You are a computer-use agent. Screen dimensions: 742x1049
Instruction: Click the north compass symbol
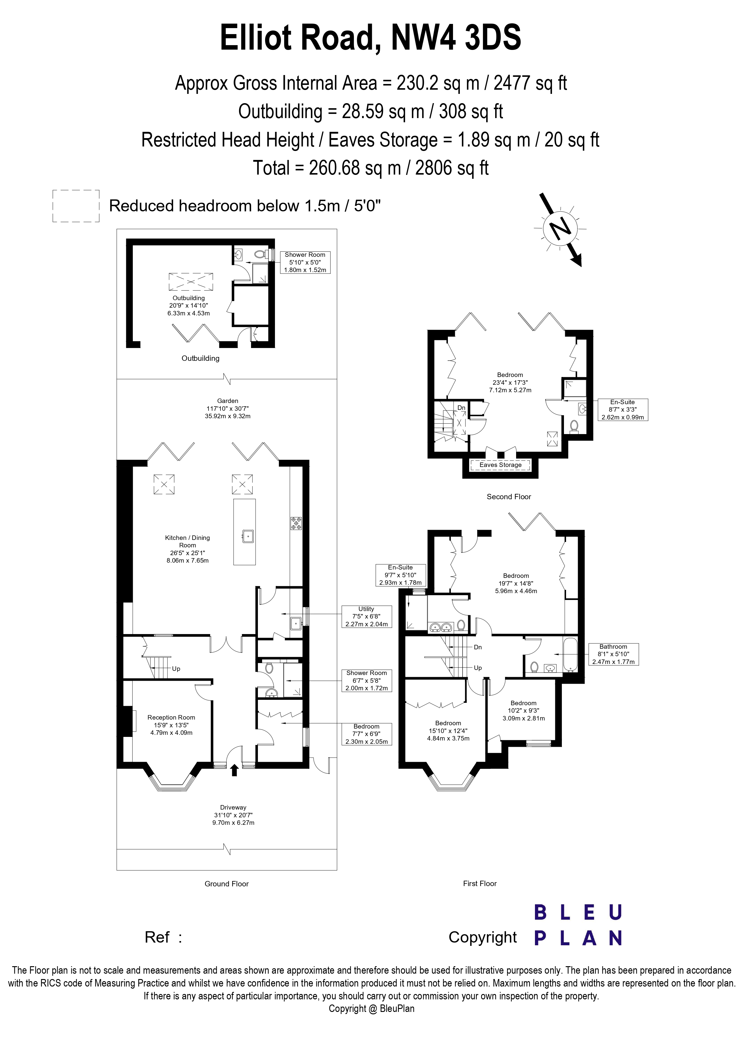pyautogui.click(x=560, y=228)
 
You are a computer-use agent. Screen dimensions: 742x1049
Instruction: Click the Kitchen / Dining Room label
pyautogui.click(x=187, y=549)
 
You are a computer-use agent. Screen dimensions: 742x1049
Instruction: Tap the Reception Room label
pyautogui.click(x=171, y=725)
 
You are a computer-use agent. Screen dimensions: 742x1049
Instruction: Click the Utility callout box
pyautogui.click(x=367, y=616)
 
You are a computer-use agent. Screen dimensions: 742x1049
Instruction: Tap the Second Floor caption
pyautogui.click(x=509, y=497)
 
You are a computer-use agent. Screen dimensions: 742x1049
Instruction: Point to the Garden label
pyautogui.click(x=228, y=408)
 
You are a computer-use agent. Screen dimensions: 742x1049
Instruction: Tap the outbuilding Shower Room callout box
pyautogui.click(x=305, y=262)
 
